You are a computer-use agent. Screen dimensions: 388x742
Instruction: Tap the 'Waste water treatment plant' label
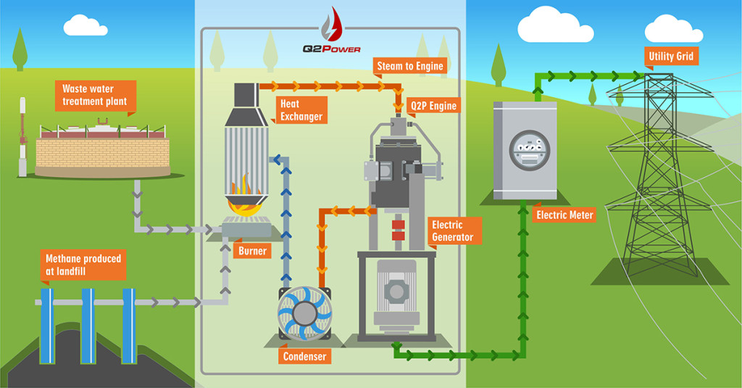[x=94, y=95]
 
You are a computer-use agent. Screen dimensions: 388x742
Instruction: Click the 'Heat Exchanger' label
[x=301, y=110]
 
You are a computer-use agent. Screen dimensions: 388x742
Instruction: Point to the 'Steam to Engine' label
[x=409, y=66]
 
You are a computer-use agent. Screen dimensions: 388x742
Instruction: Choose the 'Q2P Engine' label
[x=433, y=106]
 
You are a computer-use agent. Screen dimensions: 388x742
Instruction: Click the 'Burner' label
[x=252, y=252]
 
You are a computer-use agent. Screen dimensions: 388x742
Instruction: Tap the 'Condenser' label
[x=304, y=357]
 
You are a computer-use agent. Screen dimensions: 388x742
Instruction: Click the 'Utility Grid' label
[x=670, y=56]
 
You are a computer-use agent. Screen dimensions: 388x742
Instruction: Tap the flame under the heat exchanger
[x=246, y=195]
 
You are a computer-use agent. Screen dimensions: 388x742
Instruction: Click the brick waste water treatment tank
[x=102, y=152]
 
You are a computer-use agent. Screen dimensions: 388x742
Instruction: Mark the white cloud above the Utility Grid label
[x=673, y=29]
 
